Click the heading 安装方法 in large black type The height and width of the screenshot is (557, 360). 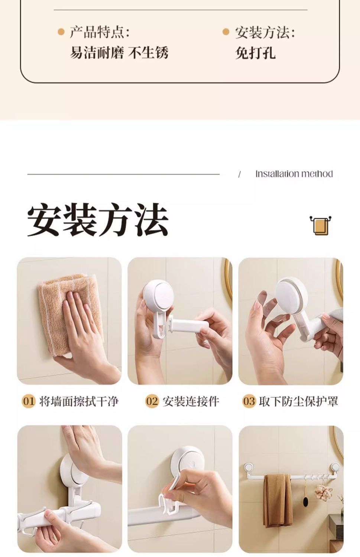(x=98, y=219)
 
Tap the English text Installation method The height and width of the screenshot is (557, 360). (x=294, y=174)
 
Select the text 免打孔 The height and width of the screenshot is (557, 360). (x=256, y=53)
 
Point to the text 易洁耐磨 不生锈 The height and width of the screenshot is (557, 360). (x=119, y=53)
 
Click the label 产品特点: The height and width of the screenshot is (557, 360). (x=100, y=32)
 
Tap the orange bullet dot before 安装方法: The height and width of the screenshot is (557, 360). (x=226, y=32)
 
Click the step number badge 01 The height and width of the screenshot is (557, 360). (x=29, y=401)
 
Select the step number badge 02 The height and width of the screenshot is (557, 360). (x=152, y=401)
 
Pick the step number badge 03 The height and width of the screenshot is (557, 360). (x=249, y=401)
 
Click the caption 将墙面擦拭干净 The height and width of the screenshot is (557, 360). (x=79, y=401)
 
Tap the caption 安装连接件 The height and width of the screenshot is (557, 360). (x=191, y=401)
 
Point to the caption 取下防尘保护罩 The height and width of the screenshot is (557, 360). (x=299, y=401)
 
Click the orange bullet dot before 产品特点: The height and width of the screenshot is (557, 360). (x=61, y=32)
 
